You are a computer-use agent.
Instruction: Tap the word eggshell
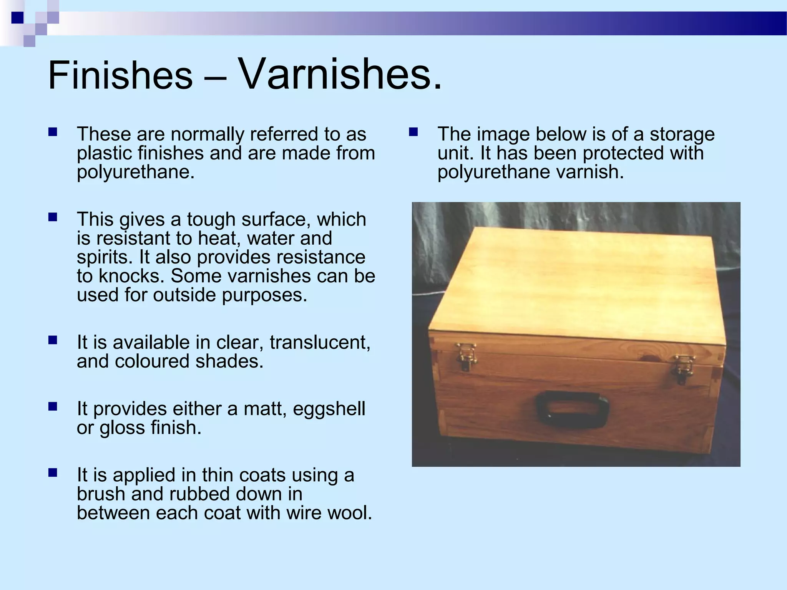(329, 409)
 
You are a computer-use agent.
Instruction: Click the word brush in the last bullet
(101, 494)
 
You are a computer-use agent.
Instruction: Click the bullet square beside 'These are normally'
(53, 133)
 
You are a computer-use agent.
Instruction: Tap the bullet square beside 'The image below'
(413, 133)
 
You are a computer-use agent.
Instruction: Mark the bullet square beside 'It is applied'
(53, 472)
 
